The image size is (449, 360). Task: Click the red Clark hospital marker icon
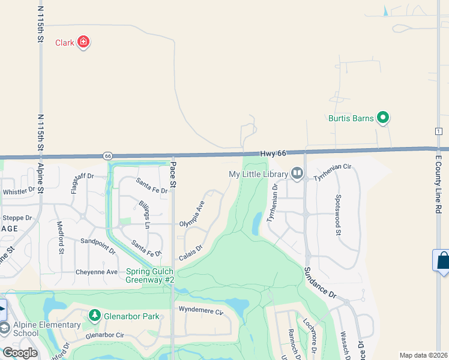click(x=83, y=42)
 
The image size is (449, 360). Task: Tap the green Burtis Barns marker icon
click(x=382, y=118)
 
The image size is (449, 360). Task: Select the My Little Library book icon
click(x=297, y=174)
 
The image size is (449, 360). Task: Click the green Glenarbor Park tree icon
click(x=94, y=315)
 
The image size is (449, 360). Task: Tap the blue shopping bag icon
click(x=443, y=261)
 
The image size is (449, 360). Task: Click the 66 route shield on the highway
click(x=107, y=156)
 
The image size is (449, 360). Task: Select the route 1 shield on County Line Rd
click(x=439, y=131)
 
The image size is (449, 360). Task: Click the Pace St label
click(x=172, y=175)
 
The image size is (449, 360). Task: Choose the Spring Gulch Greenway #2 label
click(x=150, y=275)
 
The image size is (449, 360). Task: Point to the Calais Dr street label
click(x=190, y=252)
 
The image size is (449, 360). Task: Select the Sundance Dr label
click(x=319, y=283)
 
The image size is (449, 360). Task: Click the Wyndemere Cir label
click(x=200, y=311)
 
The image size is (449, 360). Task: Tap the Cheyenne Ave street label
click(x=96, y=272)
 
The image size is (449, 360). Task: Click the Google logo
click(x=20, y=353)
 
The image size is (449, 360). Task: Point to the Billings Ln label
click(x=143, y=214)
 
